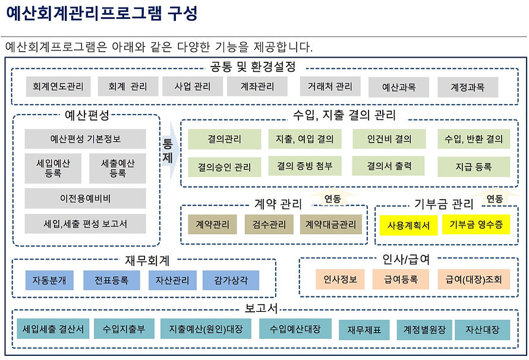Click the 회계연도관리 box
point(58,87)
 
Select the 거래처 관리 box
point(330,87)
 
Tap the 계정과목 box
point(468,87)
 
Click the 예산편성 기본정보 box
point(85,140)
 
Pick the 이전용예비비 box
point(85,198)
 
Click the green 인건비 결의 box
point(389,140)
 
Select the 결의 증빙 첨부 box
point(305,166)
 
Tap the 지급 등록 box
point(474,167)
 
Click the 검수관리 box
point(269,225)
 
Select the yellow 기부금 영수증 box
point(476,225)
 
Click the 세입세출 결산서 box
point(53,329)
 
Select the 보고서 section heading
point(262,309)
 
